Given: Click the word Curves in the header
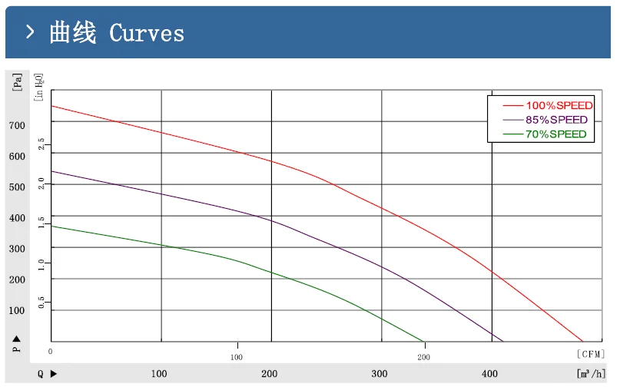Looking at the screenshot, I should (147, 33).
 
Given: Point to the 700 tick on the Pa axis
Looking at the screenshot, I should (17, 125).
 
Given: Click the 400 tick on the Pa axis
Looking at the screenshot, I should (17, 218).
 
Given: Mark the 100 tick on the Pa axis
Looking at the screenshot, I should (17, 310).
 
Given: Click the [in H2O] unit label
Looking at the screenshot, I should (40, 87).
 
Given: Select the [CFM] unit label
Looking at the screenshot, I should (589, 354).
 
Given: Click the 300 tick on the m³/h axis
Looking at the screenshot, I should (380, 374).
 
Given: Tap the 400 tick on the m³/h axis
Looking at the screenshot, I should (490, 374).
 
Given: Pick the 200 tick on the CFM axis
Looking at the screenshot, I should (423, 357).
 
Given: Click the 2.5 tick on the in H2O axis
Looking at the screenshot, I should (41, 143).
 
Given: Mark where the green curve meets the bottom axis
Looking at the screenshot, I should (424, 342).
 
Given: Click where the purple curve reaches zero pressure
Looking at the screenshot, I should (503, 342).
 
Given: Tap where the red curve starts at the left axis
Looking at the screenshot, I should (51, 106).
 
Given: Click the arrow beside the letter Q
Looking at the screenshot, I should (53, 374).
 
